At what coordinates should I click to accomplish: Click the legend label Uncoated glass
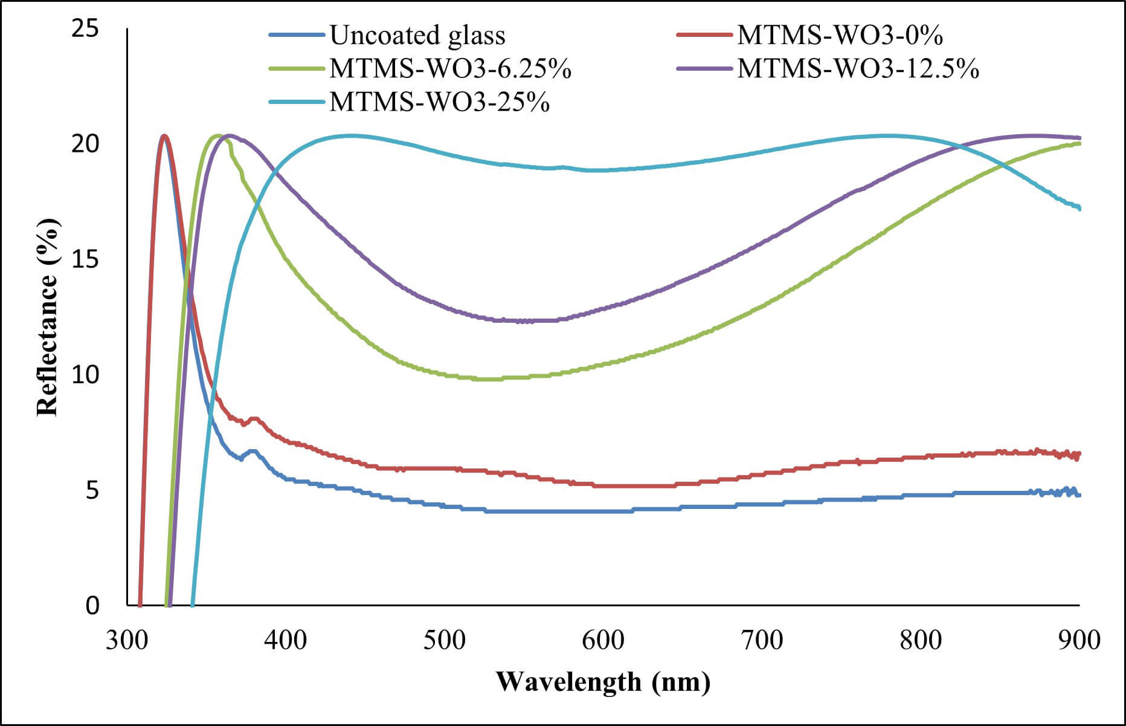417,36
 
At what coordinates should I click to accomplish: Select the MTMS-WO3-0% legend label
840,36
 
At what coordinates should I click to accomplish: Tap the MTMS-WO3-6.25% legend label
450,69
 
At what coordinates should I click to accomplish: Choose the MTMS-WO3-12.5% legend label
858,69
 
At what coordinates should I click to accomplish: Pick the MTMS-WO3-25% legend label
439,102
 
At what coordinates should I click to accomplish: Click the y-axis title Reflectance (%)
48,318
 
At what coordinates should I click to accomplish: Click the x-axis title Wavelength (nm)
603,682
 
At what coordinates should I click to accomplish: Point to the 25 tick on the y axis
85,28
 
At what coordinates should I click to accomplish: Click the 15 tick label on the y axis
85,259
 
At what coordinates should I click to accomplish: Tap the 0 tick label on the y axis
92,605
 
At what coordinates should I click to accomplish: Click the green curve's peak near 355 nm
217,135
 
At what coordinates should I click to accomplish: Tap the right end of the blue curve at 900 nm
1079,495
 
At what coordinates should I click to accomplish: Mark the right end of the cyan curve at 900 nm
1079,208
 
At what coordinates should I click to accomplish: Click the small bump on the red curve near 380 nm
254,418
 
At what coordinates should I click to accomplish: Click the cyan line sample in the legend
297,102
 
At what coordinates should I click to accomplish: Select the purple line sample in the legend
704,69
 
